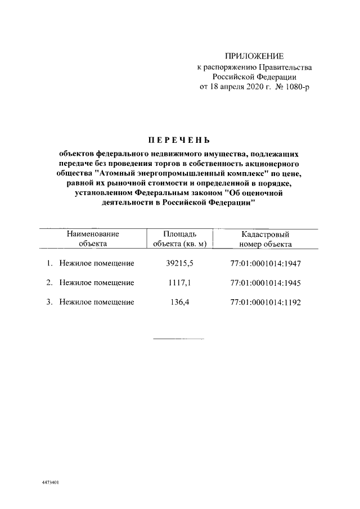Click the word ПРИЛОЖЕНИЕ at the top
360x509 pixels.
coord(254,56)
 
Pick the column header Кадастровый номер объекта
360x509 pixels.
coord(265,238)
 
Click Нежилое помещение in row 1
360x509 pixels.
coord(96,263)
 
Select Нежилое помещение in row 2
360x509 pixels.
coord(96,282)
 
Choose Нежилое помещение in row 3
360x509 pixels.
coord(96,302)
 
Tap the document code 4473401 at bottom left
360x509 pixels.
coord(51,483)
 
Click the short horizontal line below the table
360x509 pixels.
coord(178,339)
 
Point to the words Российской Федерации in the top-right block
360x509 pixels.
coord(254,77)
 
